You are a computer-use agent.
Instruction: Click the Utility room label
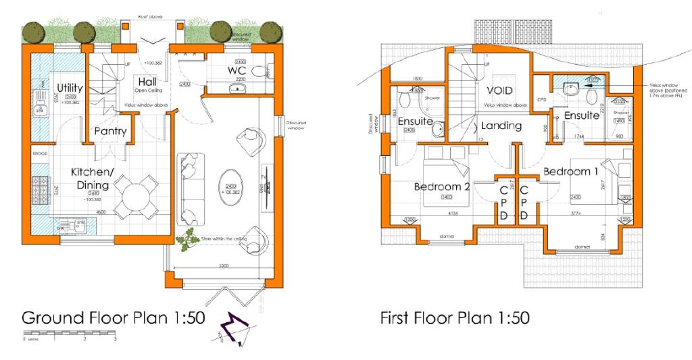click(70, 88)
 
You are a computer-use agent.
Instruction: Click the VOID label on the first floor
click(499, 91)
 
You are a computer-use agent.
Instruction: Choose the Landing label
click(501, 126)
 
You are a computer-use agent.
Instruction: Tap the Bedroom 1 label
click(571, 172)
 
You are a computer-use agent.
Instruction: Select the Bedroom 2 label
click(441, 186)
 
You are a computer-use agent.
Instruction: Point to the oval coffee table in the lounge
click(231, 183)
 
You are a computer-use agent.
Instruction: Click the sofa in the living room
click(191, 186)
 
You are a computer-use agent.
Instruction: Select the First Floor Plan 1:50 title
click(453, 316)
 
